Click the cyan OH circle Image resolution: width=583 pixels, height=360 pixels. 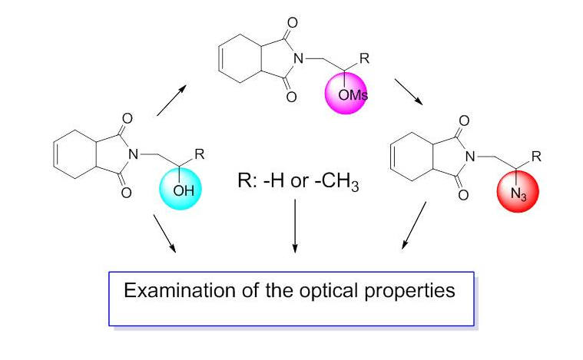182,189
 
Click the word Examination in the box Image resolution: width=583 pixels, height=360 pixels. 169,292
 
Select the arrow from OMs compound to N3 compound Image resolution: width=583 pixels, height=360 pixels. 406,92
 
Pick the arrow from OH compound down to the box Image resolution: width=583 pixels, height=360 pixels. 164,234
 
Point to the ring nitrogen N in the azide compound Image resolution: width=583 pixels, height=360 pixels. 482,157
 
